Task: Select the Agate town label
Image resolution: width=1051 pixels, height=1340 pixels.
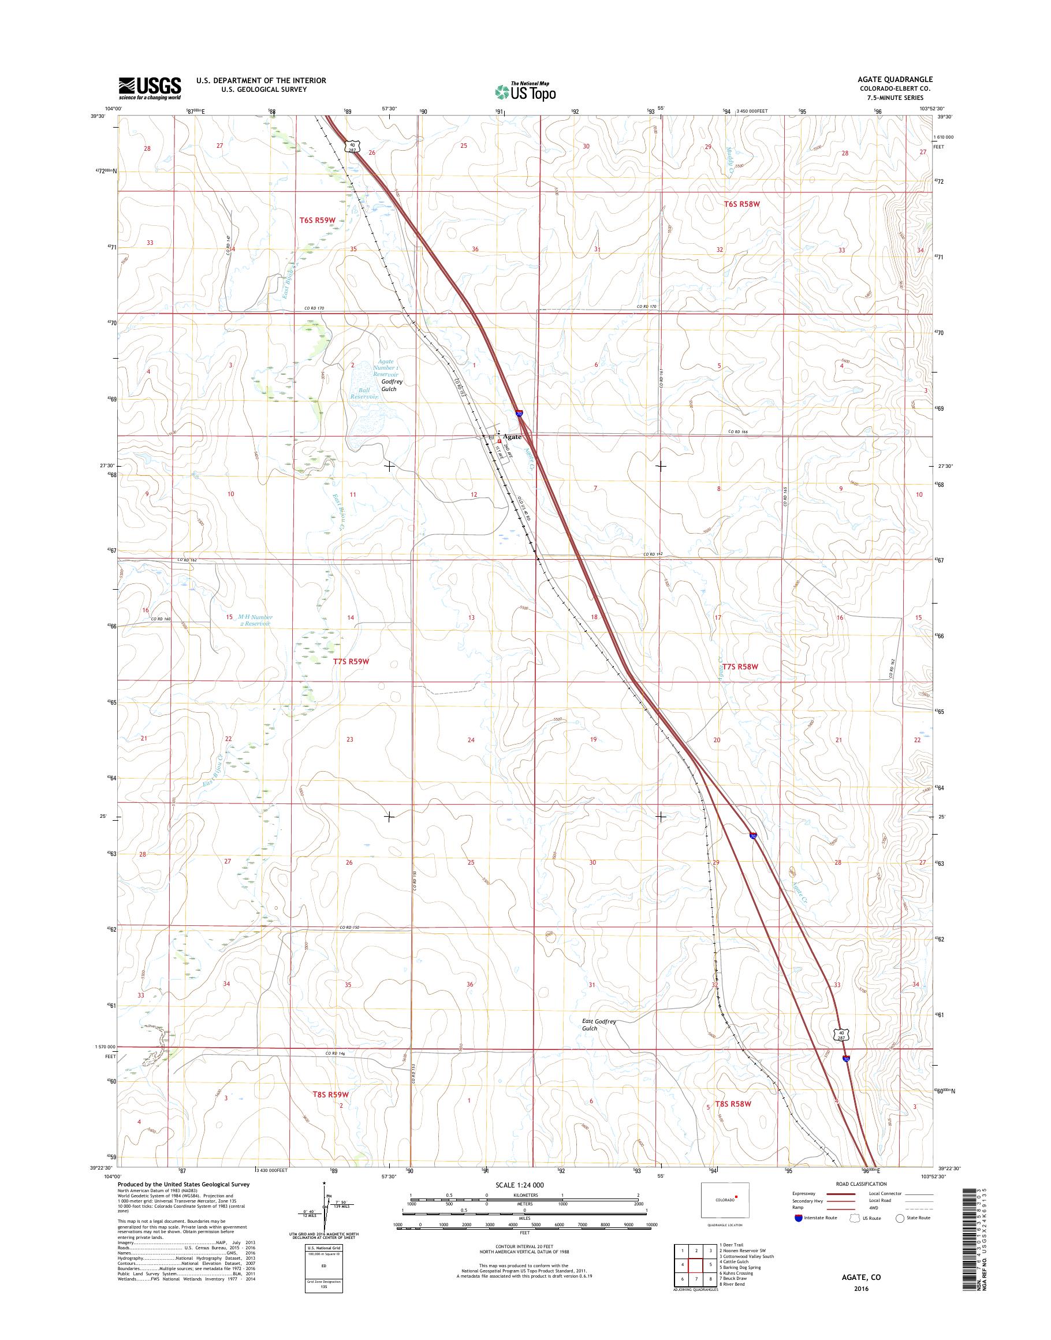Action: pyautogui.click(x=512, y=437)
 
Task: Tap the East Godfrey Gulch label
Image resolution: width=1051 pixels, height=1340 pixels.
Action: pyautogui.click(x=599, y=1024)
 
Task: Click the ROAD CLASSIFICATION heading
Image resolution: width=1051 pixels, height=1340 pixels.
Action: pyautogui.click(x=861, y=1183)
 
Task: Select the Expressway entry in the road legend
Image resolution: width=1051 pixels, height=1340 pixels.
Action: pyautogui.click(x=803, y=1194)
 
